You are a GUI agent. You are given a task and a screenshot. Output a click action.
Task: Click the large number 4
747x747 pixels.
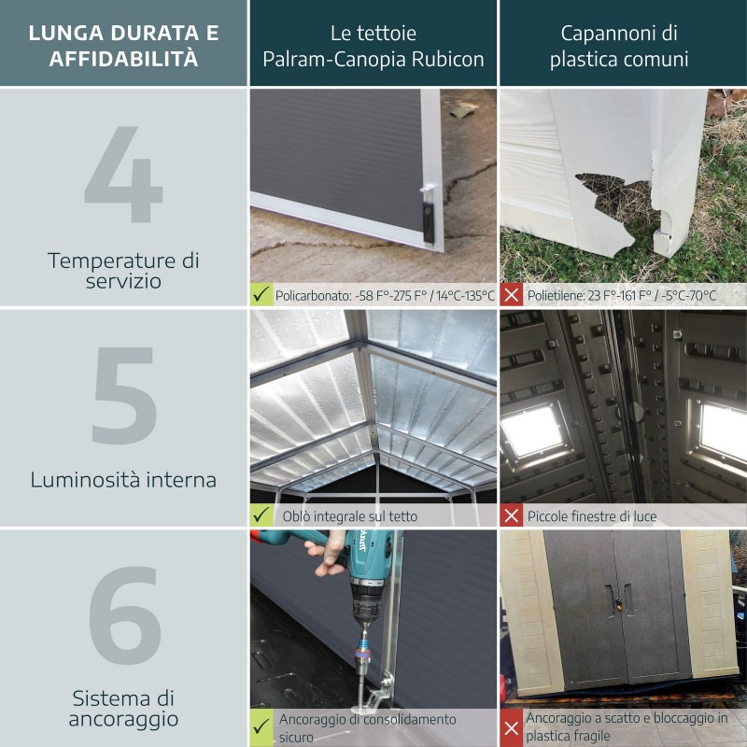(x=123, y=176)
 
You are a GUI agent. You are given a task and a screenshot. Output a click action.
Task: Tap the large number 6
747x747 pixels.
(x=123, y=616)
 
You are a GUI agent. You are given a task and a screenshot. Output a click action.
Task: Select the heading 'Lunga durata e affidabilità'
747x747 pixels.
(x=123, y=45)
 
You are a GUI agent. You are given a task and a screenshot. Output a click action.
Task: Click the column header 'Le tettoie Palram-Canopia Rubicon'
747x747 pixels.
(x=373, y=45)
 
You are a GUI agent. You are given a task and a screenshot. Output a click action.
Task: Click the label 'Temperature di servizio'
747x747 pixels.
(x=123, y=270)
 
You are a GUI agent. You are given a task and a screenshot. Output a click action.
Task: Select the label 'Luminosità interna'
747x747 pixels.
(x=123, y=480)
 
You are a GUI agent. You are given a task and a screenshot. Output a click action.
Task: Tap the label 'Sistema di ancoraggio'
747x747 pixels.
(x=123, y=709)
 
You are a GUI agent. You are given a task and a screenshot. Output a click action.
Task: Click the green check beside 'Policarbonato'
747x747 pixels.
(x=262, y=295)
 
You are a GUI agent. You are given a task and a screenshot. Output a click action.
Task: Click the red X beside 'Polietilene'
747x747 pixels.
(x=512, y=295)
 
